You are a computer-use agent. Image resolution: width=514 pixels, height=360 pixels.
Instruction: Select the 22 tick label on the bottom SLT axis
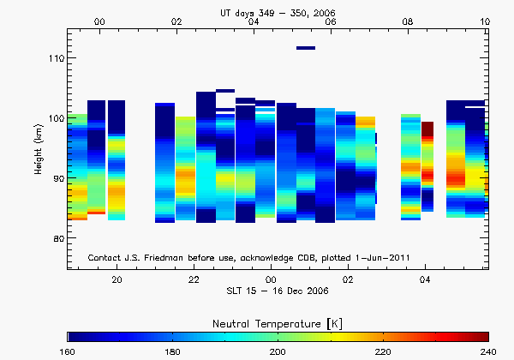(x=194, y=280)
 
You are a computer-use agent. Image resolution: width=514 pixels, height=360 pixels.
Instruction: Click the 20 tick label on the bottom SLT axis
(x=117, y=280)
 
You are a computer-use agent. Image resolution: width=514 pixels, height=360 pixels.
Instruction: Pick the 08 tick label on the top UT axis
(x=408, y=21)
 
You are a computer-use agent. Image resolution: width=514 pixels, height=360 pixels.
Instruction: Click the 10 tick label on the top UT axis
(x=485, y=21)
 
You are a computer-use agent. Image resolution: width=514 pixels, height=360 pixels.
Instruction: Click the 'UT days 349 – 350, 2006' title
(x=276, y=9)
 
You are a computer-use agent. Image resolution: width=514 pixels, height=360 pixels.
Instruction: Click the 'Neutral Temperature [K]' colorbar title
(x=278, y=321)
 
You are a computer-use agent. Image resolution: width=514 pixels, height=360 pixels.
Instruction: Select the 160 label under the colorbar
(x=68, y=351)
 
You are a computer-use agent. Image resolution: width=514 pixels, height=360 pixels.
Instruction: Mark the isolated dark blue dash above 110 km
(x=306, y=48)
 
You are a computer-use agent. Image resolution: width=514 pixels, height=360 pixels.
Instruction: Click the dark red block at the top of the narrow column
(x=427, y=129)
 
